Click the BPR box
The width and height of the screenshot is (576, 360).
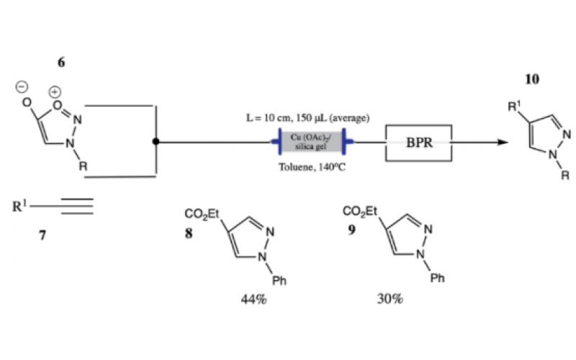[419, 142]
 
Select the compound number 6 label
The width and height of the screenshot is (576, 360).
[61, 63]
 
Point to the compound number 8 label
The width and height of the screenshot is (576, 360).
[189, 233]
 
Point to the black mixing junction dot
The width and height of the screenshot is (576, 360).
[156, 142]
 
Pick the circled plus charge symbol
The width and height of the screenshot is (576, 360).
[55, 92]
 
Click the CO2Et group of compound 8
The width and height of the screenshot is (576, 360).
[203, 213]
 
